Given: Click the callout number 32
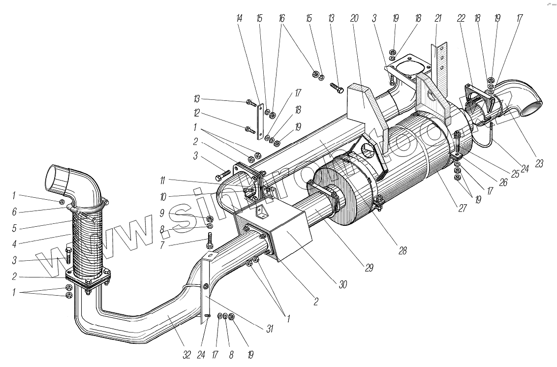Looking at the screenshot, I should (x=186, y=355).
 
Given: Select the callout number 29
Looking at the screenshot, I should (x=369, y=268).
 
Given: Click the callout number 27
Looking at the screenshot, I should (x=462, y=208).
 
